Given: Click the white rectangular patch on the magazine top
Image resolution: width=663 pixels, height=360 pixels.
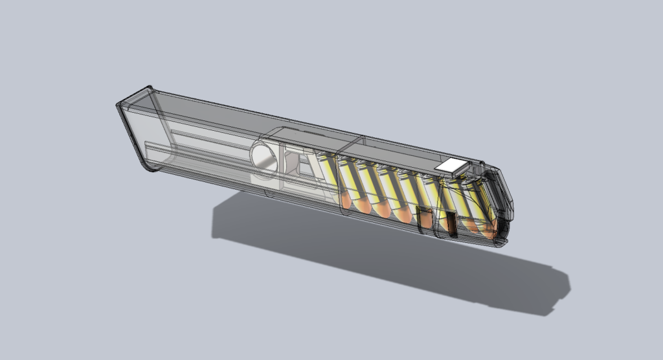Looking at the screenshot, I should [x=451, y=166].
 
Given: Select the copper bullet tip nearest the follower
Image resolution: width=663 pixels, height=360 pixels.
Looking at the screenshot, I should [x=346, y=201].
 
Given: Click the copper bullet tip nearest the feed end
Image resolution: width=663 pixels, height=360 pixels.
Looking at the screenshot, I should [x=491, y=229].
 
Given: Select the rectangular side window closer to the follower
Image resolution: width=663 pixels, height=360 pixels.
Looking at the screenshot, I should [x=425, y=219].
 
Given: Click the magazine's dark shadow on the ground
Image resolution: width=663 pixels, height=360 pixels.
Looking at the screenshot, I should [x=388, y=259].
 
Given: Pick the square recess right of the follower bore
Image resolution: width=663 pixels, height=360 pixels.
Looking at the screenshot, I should [x=292, y=160].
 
